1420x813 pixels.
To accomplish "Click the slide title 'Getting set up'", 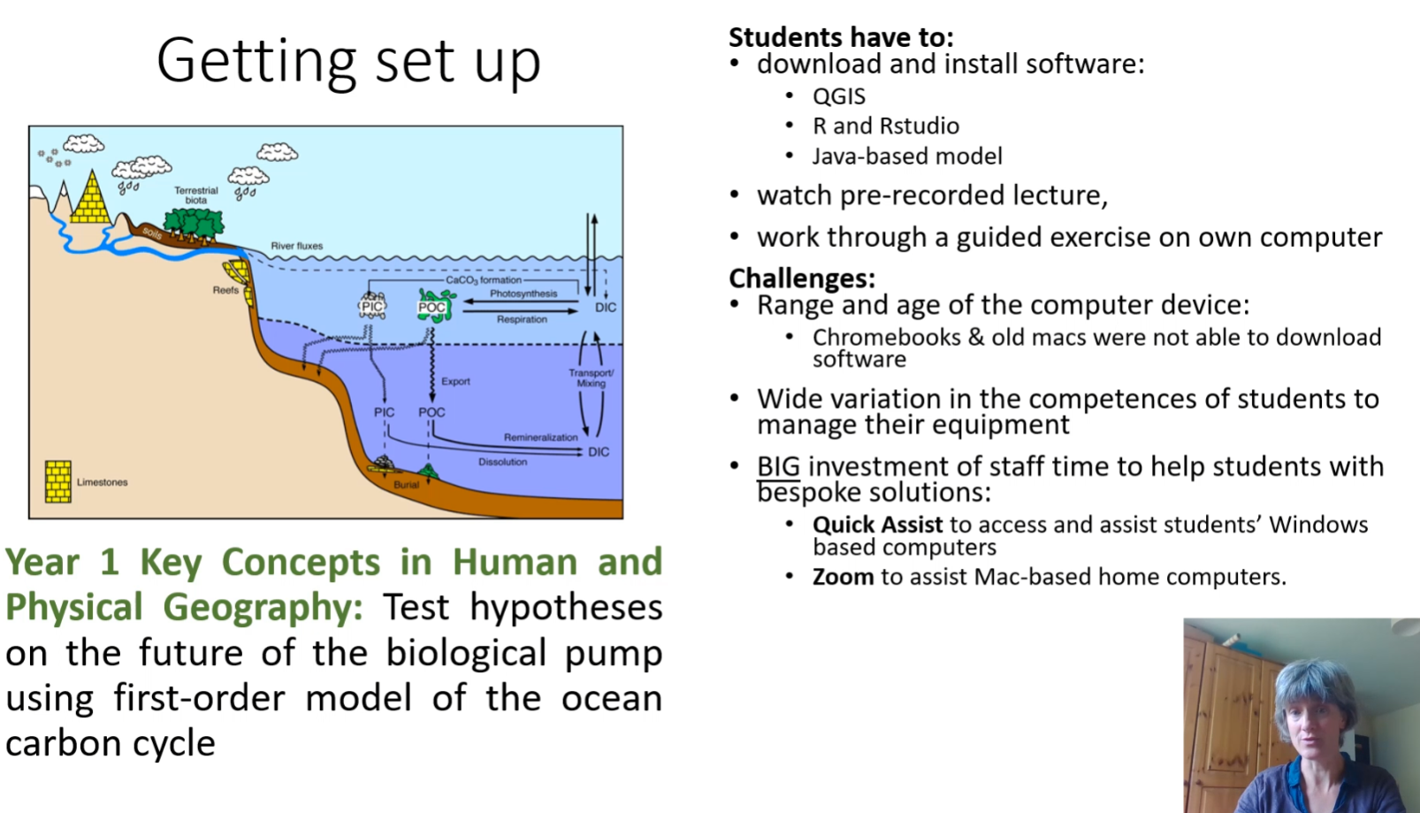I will [x=348, y=61].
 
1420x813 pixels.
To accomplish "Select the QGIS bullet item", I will [x=838, y=96].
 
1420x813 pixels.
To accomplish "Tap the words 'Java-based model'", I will [x=906, y=157].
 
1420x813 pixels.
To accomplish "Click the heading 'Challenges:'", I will [x=801, y=279].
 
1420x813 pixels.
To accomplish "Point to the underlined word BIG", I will [x=778, y=466].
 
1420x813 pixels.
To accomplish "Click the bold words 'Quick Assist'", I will [x=877, y=525].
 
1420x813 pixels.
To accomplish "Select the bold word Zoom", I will [x=843, y=577].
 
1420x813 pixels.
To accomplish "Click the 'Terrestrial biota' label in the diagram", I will [x=195, y=196].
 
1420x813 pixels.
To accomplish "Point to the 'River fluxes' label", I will [x=296, y=246].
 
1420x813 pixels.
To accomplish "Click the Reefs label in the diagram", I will [x=225, y=290].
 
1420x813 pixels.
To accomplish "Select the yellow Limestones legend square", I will [x=58, y=481].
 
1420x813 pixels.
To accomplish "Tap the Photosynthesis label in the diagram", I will [x=523, y=294].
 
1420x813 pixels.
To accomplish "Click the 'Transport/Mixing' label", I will [x=591, y=378].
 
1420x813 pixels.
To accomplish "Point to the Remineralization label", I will [x=540, y=437].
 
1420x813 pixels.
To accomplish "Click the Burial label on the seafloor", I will [x=406, y=485].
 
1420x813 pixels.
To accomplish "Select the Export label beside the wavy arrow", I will [x=455, y=381].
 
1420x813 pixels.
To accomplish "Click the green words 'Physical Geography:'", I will [x=184, y=608].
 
